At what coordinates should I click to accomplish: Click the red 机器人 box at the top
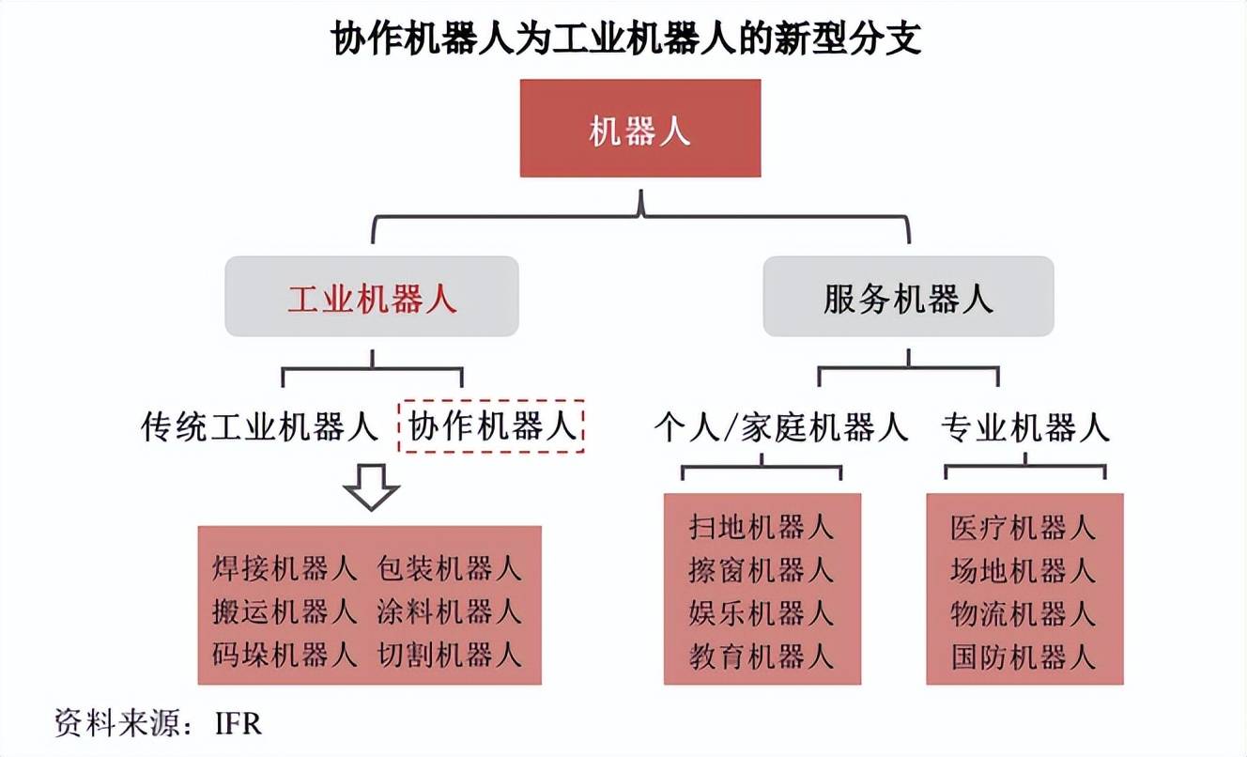pos(640,129)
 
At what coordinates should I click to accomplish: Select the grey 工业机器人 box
pos(372,297)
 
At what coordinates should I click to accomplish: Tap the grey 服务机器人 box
pos(908,297)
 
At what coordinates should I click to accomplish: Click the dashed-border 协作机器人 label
pos(491,426)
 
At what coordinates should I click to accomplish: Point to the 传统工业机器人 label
pos(259,426)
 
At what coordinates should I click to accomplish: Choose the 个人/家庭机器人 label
pos(780,427)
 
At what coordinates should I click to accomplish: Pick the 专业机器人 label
pos(1024,427)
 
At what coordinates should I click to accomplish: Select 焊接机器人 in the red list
pos(285,568)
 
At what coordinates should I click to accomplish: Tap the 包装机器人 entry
pos(449,568)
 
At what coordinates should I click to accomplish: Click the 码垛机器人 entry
pos(285,654)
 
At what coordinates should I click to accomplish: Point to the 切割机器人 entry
pos(449,654)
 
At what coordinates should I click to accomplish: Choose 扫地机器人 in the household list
pos(761,527)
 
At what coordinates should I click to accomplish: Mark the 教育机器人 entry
pos(761,656)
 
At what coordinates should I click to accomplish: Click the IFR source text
pos(239,724)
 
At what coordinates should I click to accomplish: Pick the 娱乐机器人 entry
pos(761,612)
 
